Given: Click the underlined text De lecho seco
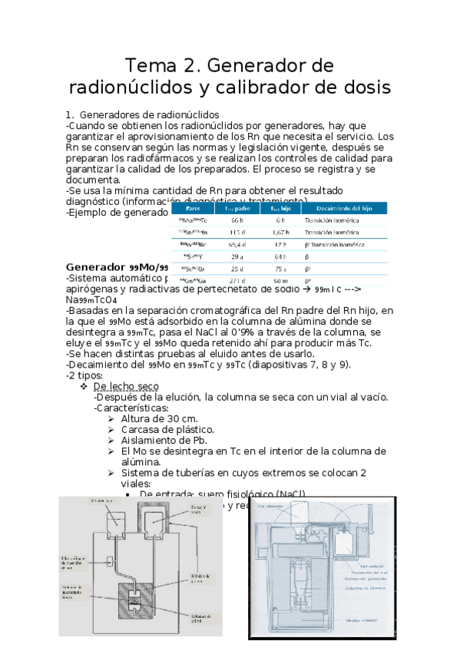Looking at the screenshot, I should pyautogui.click(x=126, y=386).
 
